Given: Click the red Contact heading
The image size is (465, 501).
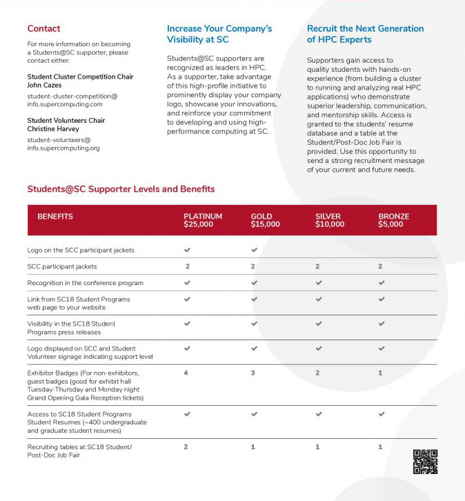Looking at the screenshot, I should pyautogui.click(x=43, y=29).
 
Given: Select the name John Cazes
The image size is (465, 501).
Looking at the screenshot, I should pyautogui.click(x=44, y=85).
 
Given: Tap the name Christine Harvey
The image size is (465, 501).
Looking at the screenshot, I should pyautogui.click(x=52, y=129).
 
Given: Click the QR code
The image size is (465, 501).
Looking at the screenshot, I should pyautogui.click(x=425, y=462).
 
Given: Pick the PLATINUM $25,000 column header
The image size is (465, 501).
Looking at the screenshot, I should pyautogui.click(x=203, y=220).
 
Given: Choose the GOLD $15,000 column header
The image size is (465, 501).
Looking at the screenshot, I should pyautogui.click(x=265, y=220).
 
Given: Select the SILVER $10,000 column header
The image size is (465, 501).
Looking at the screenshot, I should pyautogui.click(x=330, y=220).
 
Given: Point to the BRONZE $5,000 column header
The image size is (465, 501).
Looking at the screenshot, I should pyautogui.click(x=393, y=220).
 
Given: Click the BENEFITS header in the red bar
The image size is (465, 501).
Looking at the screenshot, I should pyautogui.click(x=55, y=217).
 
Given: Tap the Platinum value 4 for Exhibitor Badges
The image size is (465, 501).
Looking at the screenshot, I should pyautogui.click(x=186, y=373).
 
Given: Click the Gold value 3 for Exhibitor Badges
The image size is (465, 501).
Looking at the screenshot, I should pyautogui.click(x=253, y=373).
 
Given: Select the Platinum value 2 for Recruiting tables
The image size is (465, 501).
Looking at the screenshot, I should pyautogui.click(x=186, y=447).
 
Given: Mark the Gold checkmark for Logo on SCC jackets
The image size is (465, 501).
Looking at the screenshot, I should pyautogui.click(x=254, y=250).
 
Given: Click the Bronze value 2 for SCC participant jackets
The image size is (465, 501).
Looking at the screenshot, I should pyautogui.click(x=380, y=266).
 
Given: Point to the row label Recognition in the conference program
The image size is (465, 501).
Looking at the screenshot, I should pyautogui.click(x=86, y=283).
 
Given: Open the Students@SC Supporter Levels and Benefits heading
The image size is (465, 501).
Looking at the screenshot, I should pyautogui.click(x=121, y=189).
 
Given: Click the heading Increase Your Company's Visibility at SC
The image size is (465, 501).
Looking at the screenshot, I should pyautogui.click(x=219, y=35).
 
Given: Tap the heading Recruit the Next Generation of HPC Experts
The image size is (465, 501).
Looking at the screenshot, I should pyautogui.click(x=365, y=35).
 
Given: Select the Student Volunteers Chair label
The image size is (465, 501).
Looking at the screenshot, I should pyautogui.click(x=66, y=121).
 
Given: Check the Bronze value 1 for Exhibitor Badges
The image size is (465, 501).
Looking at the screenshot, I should pyautogui.click(x=380, y=373).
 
